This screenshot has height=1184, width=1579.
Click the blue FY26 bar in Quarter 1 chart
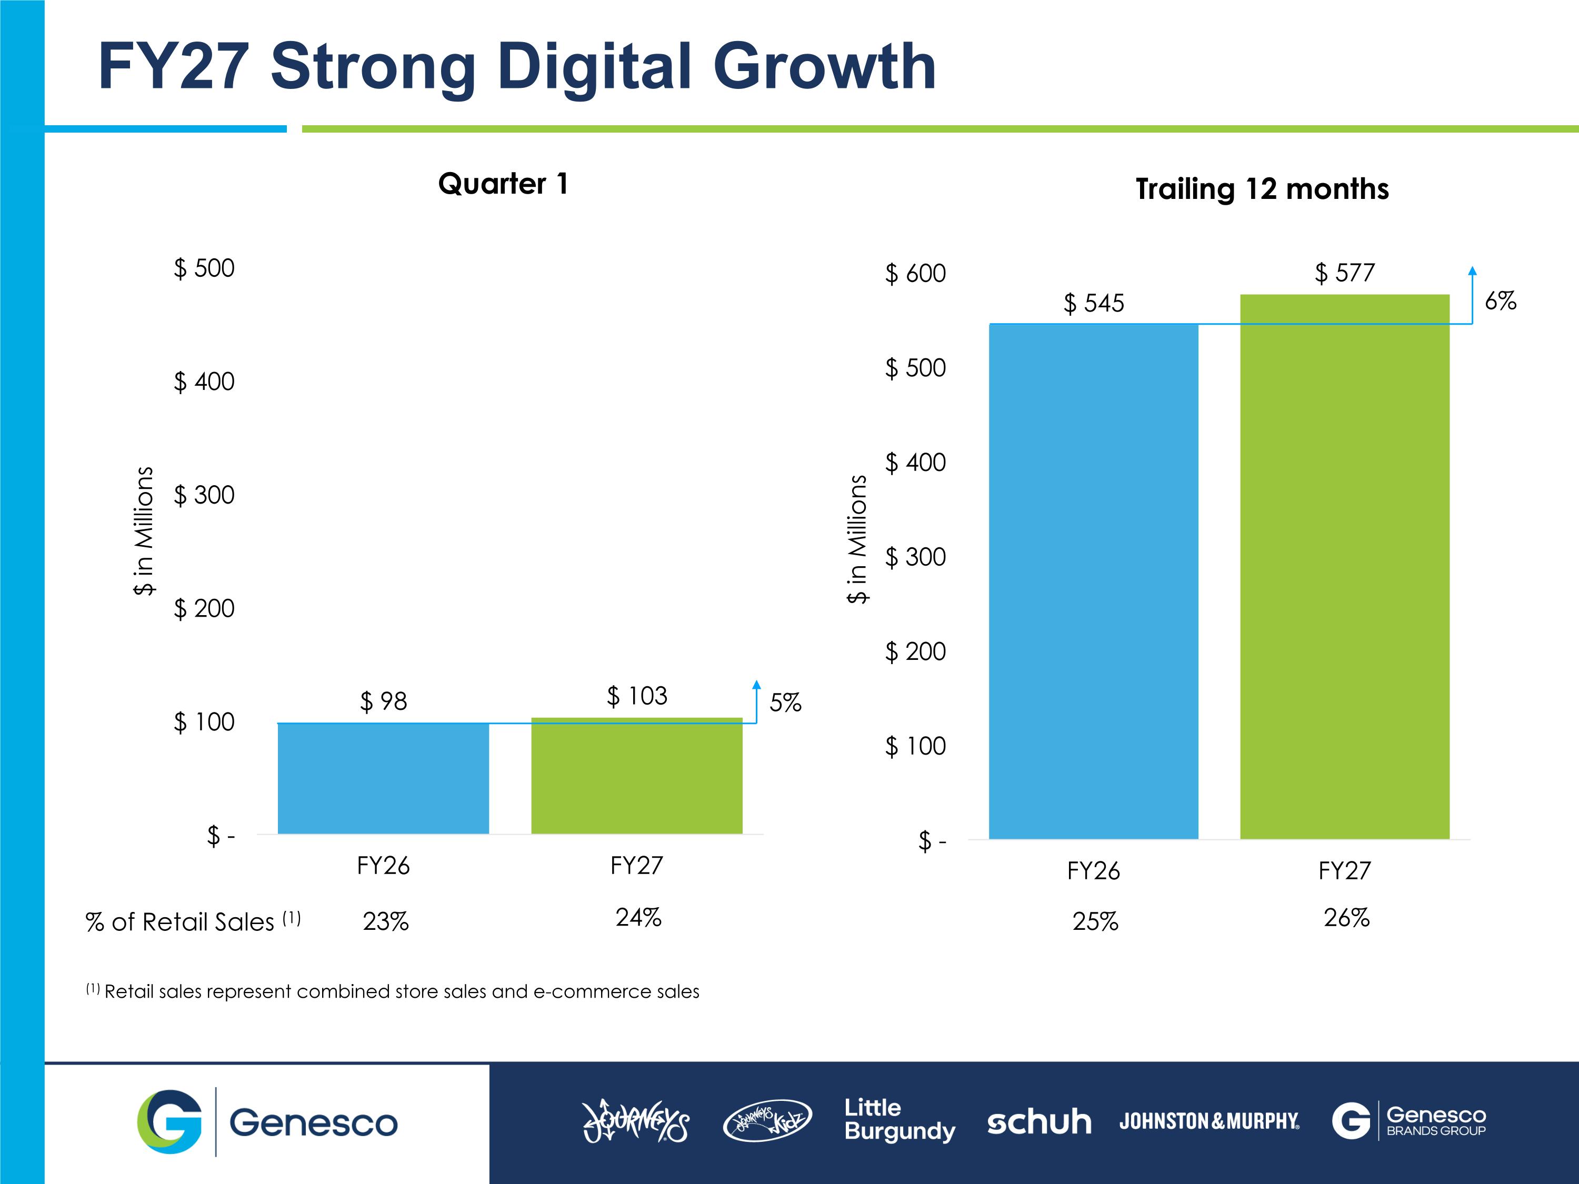coord(383,778)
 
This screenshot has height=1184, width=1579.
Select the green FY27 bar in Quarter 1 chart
coord(637,775)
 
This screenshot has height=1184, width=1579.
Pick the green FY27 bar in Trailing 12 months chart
coord(1345,567)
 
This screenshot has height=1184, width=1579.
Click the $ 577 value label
coord(1345,273)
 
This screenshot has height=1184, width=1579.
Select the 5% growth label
coord(785,703)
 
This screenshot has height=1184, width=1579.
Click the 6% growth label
coord(1501,301)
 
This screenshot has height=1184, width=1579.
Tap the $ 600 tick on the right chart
coord(915,273)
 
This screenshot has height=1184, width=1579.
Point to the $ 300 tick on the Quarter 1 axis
coord(204,495)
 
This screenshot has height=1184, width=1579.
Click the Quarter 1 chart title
coord(503,184)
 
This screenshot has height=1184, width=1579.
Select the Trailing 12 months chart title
coord(1262,189)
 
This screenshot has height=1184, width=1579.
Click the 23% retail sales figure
coord(385,921)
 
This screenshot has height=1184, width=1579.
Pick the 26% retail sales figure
coord(1346,918)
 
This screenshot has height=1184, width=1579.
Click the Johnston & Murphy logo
coord(1209,1121)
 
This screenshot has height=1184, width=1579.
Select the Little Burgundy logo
coord(900,1120)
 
